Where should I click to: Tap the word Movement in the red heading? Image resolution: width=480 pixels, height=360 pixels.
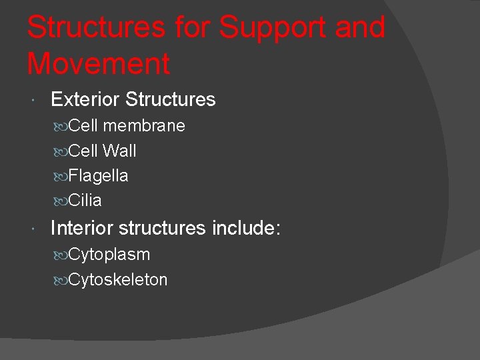[x=99, y=64]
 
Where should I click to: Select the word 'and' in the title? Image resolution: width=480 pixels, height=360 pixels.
[x=361, y=28]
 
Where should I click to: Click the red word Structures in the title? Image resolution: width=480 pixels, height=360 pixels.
[x=95, y=28]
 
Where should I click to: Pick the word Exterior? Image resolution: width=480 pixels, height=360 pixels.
[x=85, y=100]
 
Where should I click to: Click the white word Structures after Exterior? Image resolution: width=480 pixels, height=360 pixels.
[x=171, y=100]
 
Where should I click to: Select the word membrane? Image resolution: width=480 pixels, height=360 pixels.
[x=145, y=126]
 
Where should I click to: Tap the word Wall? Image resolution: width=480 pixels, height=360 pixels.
[x=120, y=151]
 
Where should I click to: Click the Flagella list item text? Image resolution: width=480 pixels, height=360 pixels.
[x=98, y=176]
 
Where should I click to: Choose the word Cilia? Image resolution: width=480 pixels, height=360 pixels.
[x=85, y=201]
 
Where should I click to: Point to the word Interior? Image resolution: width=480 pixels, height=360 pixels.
[x=82, y=228]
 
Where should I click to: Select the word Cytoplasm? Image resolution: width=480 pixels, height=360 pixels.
[x=109, y=255]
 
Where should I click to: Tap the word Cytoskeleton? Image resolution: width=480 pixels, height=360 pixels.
[x=118, y=280]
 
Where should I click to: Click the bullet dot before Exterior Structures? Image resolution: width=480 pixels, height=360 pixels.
[x=33, y=101]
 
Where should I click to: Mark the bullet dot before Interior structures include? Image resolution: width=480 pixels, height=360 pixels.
[x=33, y=229]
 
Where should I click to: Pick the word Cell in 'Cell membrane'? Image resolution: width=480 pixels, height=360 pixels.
[x=85, y=126]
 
